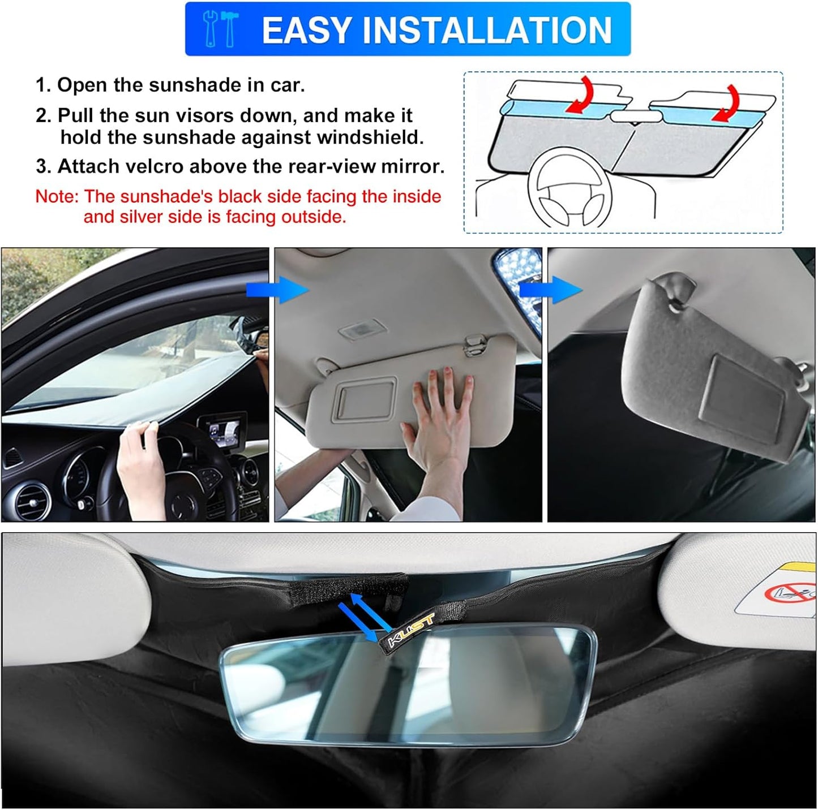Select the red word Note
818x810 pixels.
click(56, 196)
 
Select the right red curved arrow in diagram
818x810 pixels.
click(730, 104)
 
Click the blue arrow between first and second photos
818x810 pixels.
click(277, 291)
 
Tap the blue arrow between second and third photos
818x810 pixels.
click(550, 290)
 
